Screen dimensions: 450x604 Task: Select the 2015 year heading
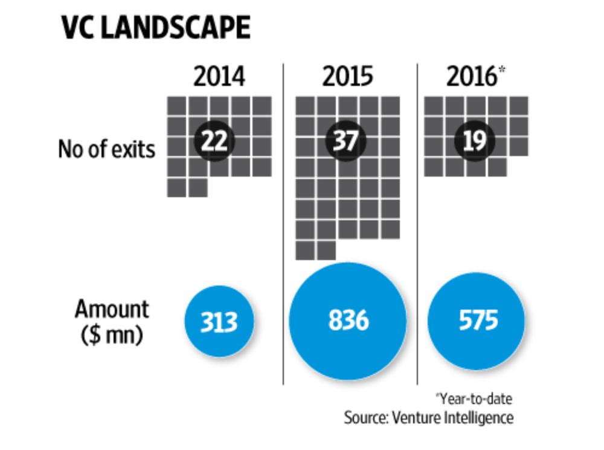[348, 78]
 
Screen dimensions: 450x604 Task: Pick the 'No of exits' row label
[106, 149]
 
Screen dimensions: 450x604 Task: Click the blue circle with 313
[219, 322]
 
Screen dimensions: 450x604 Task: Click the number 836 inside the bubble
[348, 321]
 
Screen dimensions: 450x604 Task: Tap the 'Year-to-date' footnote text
[474, 399]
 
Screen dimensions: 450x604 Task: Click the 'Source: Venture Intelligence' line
[429, 417]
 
